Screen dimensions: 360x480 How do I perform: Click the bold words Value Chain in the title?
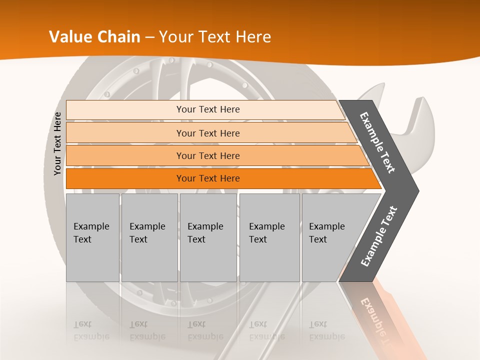click(x=94, y=37)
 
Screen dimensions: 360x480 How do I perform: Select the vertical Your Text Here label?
click(x=57, y=143)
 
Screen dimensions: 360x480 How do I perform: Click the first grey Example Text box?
click(x=92, y=237)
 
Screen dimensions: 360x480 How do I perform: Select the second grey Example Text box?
click(x=149, y=237)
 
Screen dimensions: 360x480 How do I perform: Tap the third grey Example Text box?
click(x=208, y=237)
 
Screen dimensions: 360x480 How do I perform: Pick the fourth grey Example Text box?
click(x=269, y=237)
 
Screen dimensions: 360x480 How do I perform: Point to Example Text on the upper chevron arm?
click(x=377, y=142)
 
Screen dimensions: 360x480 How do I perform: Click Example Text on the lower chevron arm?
click(x=379, y=236)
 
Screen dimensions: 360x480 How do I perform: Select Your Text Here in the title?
click(x=215, y=37)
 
